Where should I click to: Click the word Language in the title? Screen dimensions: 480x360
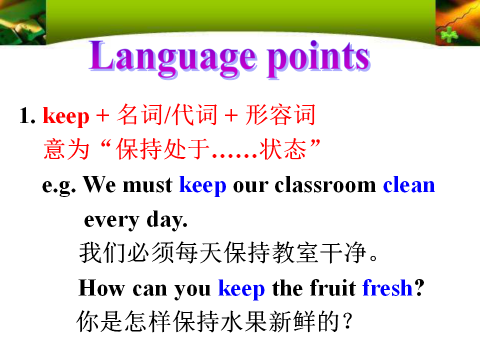click(x=172, y=58)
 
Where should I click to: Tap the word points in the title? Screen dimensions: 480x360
click(x=318, y=58)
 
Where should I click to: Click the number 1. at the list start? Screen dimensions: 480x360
click(x=27, y=115)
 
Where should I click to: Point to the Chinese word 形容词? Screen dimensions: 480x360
click(x=280, y=115)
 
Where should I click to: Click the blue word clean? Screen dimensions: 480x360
click(x=409, y=185)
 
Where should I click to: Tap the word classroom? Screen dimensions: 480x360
click(x=325, y=185)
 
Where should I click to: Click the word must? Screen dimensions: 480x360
click(x=147, y=185)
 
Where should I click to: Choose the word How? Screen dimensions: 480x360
click(x=101, y=288)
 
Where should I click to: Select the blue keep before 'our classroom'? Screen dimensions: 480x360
click(x=202, y=185)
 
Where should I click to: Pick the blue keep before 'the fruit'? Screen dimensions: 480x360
click(x=241, y=288)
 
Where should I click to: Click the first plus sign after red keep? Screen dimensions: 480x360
click(x=103, y=116)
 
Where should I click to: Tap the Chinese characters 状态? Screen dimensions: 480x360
click(x=283, y=149)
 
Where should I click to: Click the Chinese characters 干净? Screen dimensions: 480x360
click(x=343, y=252)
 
